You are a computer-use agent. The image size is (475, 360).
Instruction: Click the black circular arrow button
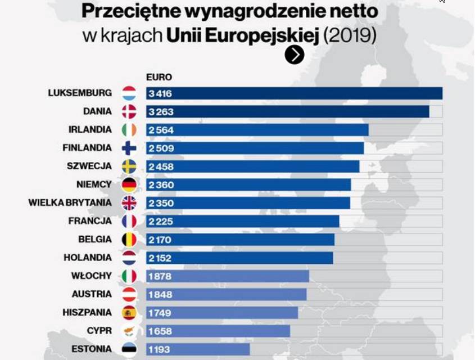click(x=295, y=55)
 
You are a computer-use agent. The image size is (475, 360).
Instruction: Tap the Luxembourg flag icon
click(x=129, y=93)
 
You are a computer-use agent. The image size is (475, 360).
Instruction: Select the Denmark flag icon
click(x=129, y=111)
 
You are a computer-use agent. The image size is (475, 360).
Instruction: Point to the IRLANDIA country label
click(x=90, y=129)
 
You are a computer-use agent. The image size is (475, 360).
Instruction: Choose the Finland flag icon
click(x=129, y=148)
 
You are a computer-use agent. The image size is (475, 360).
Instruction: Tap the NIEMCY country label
click(x=94, y=184)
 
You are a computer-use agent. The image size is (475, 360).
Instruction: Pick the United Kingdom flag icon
click(x=129, y=203)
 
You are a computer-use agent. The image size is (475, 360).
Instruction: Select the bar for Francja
click(x=242, y=222)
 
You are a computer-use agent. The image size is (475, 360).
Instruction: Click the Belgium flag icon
click(x=129, y=240)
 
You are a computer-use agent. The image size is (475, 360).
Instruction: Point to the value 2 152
click(x=160, y=258)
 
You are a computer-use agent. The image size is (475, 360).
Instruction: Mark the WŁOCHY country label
click(x=92, y=276)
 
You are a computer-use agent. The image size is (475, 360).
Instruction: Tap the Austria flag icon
click(x=129, y=294)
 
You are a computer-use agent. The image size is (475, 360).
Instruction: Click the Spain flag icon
click(x=129, y=313)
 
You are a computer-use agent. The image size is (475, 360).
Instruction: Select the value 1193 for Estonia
click(x=159, y=349)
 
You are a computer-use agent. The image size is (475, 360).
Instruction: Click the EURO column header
click(x=159, y=77)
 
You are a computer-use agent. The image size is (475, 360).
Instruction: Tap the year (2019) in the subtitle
click(x=350, y=36)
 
